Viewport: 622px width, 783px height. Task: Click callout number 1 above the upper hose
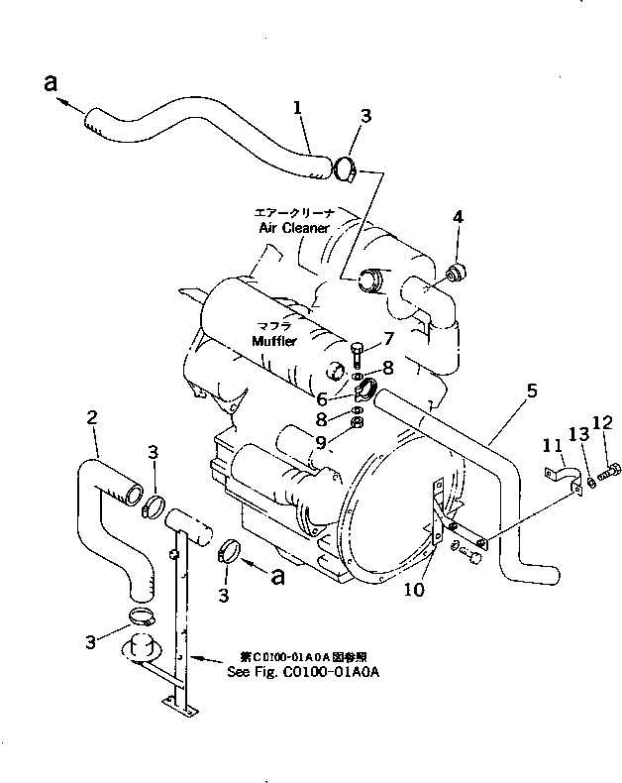[x=297, y=106]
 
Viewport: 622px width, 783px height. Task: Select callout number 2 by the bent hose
[x=92, y=420]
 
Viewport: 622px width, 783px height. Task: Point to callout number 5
[x=532, y=391]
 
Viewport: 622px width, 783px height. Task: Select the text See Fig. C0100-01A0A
[x=295, y=672]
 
